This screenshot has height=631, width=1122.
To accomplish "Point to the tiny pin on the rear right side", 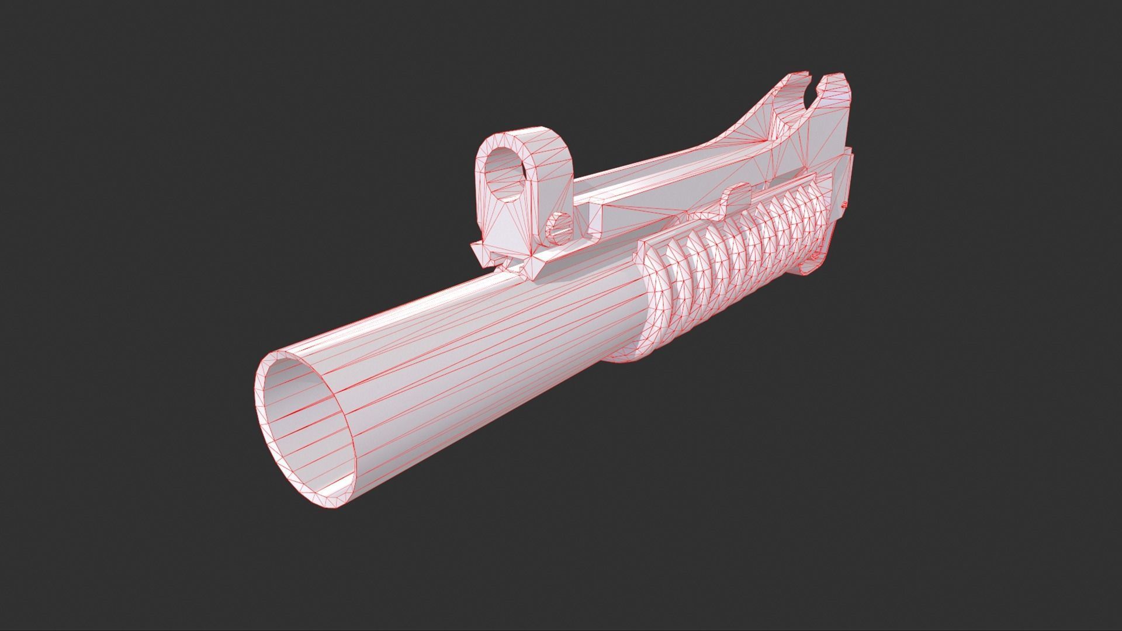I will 843,205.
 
